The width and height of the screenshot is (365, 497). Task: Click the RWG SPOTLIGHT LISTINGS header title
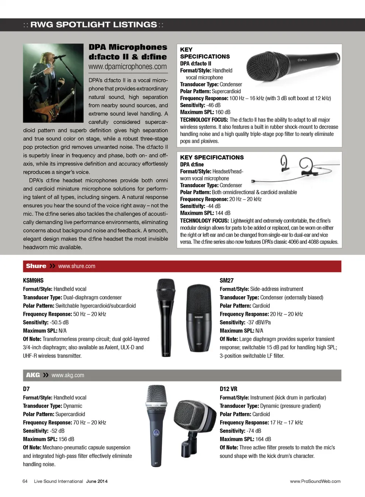tap(93, 25)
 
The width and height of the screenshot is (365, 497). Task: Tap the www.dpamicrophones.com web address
tap(127, 67)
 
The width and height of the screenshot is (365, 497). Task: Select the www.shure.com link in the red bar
tap(77, 266)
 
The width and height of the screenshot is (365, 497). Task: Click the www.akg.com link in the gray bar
tap(68, 375)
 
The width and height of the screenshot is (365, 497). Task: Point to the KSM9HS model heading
tap(33, 281)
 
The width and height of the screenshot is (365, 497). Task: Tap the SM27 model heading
tap(227, 281)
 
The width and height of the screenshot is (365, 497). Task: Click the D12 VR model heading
tap(229, 389)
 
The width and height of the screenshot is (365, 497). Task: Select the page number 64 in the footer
tap(25, 481)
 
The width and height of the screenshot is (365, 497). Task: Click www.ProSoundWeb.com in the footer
tap(315, 481)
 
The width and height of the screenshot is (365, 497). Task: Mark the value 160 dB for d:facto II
tap(223, 112)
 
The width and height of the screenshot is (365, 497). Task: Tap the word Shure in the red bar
tap(36, 266)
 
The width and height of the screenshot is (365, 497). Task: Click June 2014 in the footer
tap(97, 481)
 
